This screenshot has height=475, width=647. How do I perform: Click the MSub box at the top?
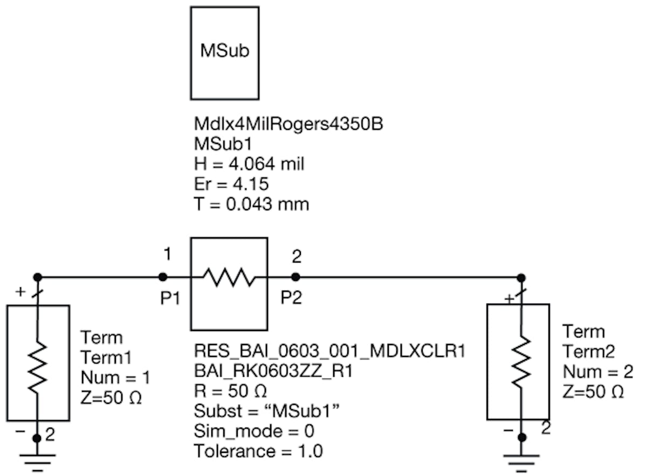224,52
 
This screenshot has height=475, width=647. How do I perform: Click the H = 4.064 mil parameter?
249,164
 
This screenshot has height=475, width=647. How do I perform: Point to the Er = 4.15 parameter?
231,184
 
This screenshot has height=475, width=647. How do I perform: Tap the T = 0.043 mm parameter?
251,204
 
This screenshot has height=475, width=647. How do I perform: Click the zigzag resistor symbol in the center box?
229,278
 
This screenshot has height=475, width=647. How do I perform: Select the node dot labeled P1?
162,277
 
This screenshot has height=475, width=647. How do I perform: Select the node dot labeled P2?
295,277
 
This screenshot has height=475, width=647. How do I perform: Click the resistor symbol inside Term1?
37,367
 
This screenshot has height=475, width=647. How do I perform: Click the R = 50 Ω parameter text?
230,390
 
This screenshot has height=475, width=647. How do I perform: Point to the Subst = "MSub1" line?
266,411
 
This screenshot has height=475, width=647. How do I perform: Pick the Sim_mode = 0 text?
254,431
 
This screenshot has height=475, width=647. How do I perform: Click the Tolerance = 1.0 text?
258,451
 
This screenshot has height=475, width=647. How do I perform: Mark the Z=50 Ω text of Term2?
593,392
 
